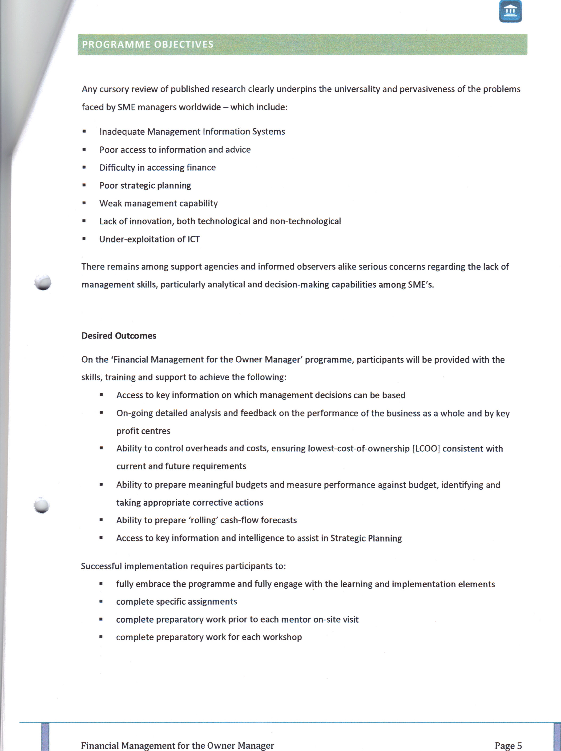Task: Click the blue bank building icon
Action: click(510, 12)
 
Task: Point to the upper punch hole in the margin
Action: click(43, 282)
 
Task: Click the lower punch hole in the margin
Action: click(42, 505)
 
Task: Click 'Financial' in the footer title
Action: click(100, 745)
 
